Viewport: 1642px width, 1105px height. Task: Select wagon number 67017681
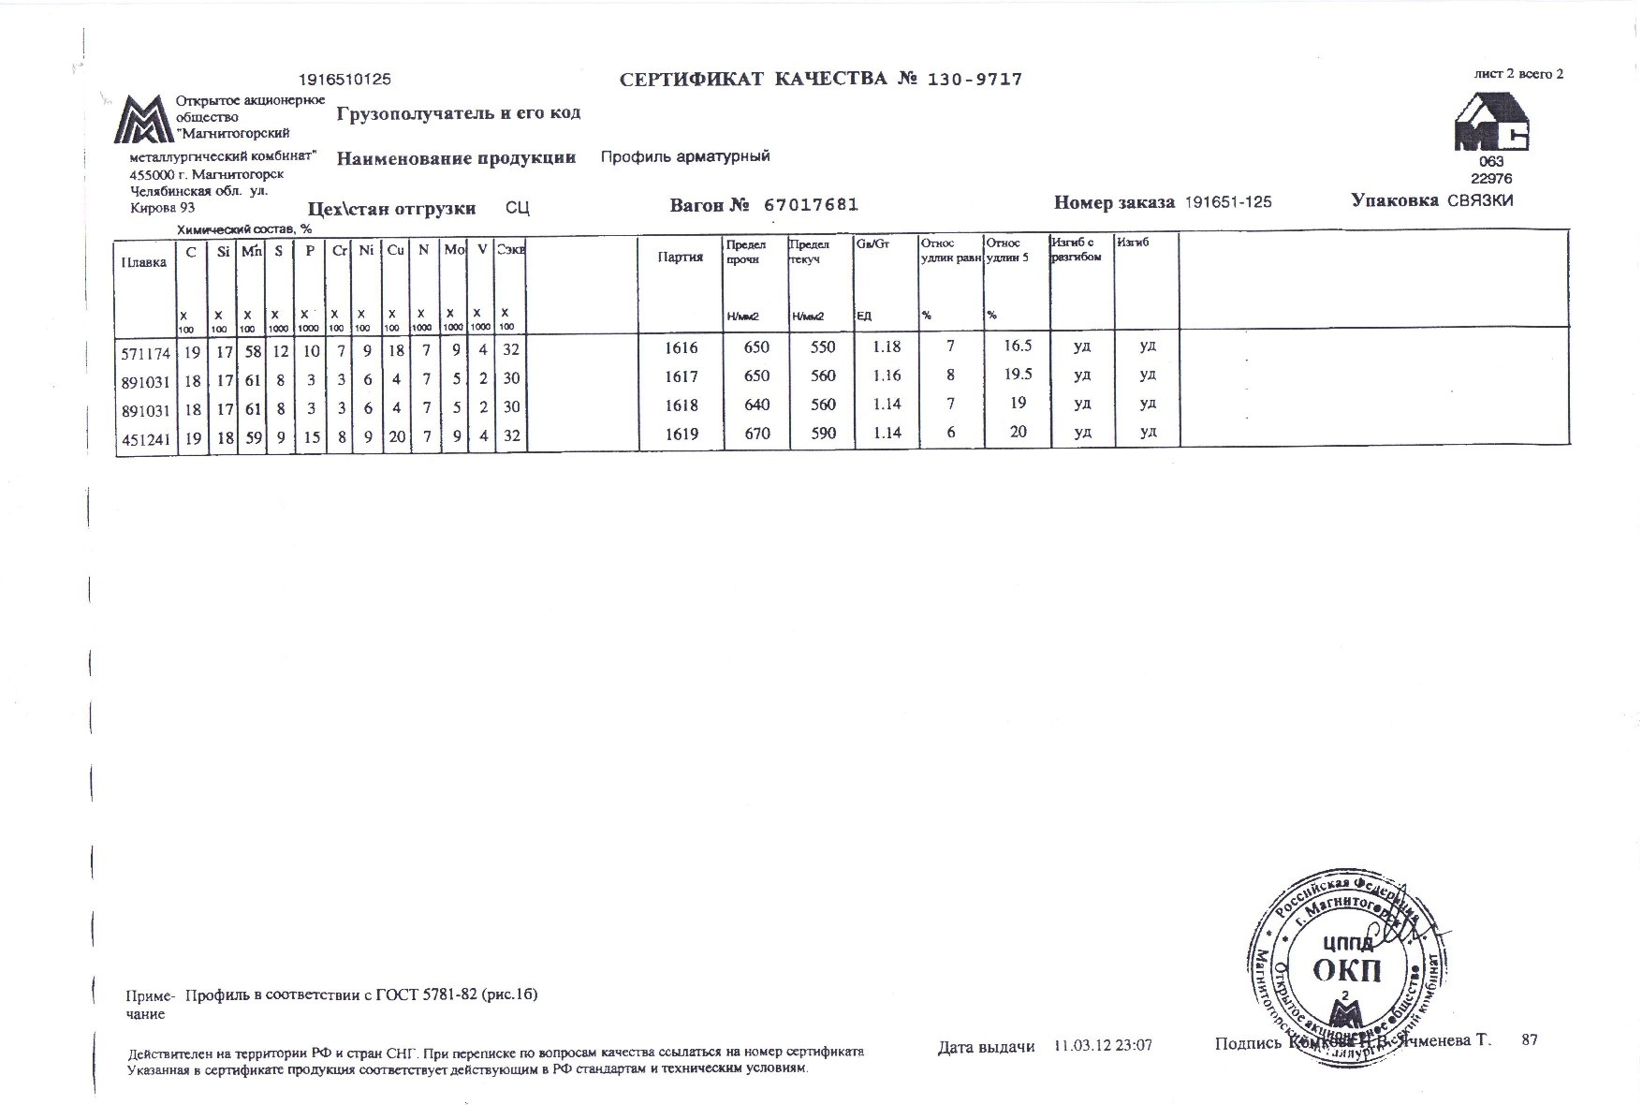pyautogui.click(x=811, y=205)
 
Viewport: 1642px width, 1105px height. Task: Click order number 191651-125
pyautogui.click(x=1228, y=202)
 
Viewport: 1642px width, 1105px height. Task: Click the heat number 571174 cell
pyautogui.click(x=145, y=353)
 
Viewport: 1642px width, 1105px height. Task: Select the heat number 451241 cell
pyautogui.click(x=145, y=437)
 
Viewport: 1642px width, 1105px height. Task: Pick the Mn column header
pyautogui.click(x=251, y=252)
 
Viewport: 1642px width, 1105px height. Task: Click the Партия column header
pyautogui.click(x=681, y=257)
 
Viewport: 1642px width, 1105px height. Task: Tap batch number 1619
pyautogui.click(x=681, y=433)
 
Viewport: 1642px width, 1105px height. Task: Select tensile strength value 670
pyautogui.click(x=755, y=433)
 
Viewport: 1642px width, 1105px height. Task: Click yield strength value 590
pyautogui.click(x=822, y=433)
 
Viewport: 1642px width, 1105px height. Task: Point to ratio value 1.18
pyautogui.click(x=886, y=346)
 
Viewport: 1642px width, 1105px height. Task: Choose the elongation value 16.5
pyautogui.click(x=1017, y=346)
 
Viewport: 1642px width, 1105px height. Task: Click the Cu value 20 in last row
pyautogui.click(x=397, y=436)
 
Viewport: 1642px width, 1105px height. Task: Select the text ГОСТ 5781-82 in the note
pyautogui.click(x=426, y=995)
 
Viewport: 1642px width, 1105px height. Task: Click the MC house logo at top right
pyautogui.click(x=1491, y=123)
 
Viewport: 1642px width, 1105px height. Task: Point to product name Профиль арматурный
pyautogui.click(x=685, y=156)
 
